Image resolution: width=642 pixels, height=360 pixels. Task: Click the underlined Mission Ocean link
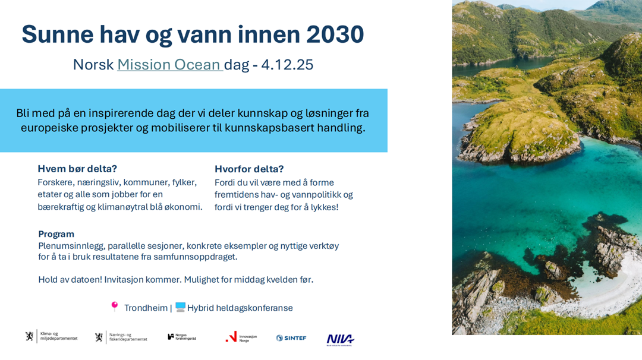point(169,65)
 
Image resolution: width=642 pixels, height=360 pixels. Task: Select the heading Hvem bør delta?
point(77,169)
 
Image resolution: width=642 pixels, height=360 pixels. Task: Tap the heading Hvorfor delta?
point(249,169)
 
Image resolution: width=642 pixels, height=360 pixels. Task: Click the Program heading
point(56,234)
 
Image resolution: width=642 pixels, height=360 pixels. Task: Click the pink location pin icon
point(115,307)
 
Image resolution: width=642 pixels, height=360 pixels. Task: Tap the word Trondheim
point(146,308)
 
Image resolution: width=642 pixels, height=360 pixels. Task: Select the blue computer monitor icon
point(180,307)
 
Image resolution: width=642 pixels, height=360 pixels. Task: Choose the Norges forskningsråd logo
point(182,337)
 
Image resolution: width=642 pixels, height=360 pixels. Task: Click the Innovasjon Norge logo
point(241,337)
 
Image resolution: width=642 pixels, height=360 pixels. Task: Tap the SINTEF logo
point(291,337)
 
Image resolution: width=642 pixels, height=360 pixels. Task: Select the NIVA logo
point(340,339)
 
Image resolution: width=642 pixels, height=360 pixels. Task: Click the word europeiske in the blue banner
point(51,128)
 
